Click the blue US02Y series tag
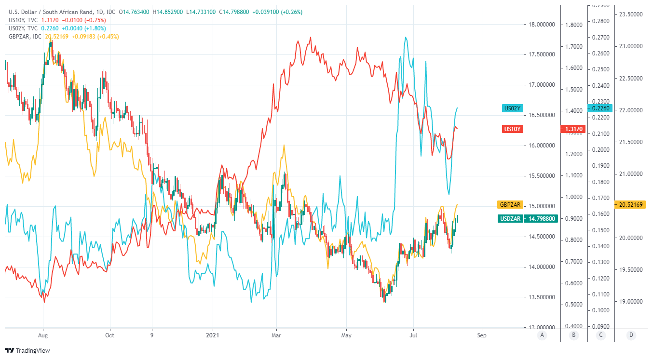(x=512, y=108)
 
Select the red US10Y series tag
(x=512, y=129)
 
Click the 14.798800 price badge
(x=542, y=219)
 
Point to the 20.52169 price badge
(x=630, y=205)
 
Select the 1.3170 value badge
(x=573, y=129)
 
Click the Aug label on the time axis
(x=43, y=335)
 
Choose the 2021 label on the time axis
(x=213, y=335)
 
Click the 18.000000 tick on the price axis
(x=542, y=25)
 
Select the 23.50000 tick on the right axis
(x=631, y=14)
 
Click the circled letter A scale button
(x=542, y=335)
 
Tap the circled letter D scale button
(x=631, y=335)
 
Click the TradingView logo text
(x=32, y=351)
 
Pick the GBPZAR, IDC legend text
(x=26, y=37)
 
